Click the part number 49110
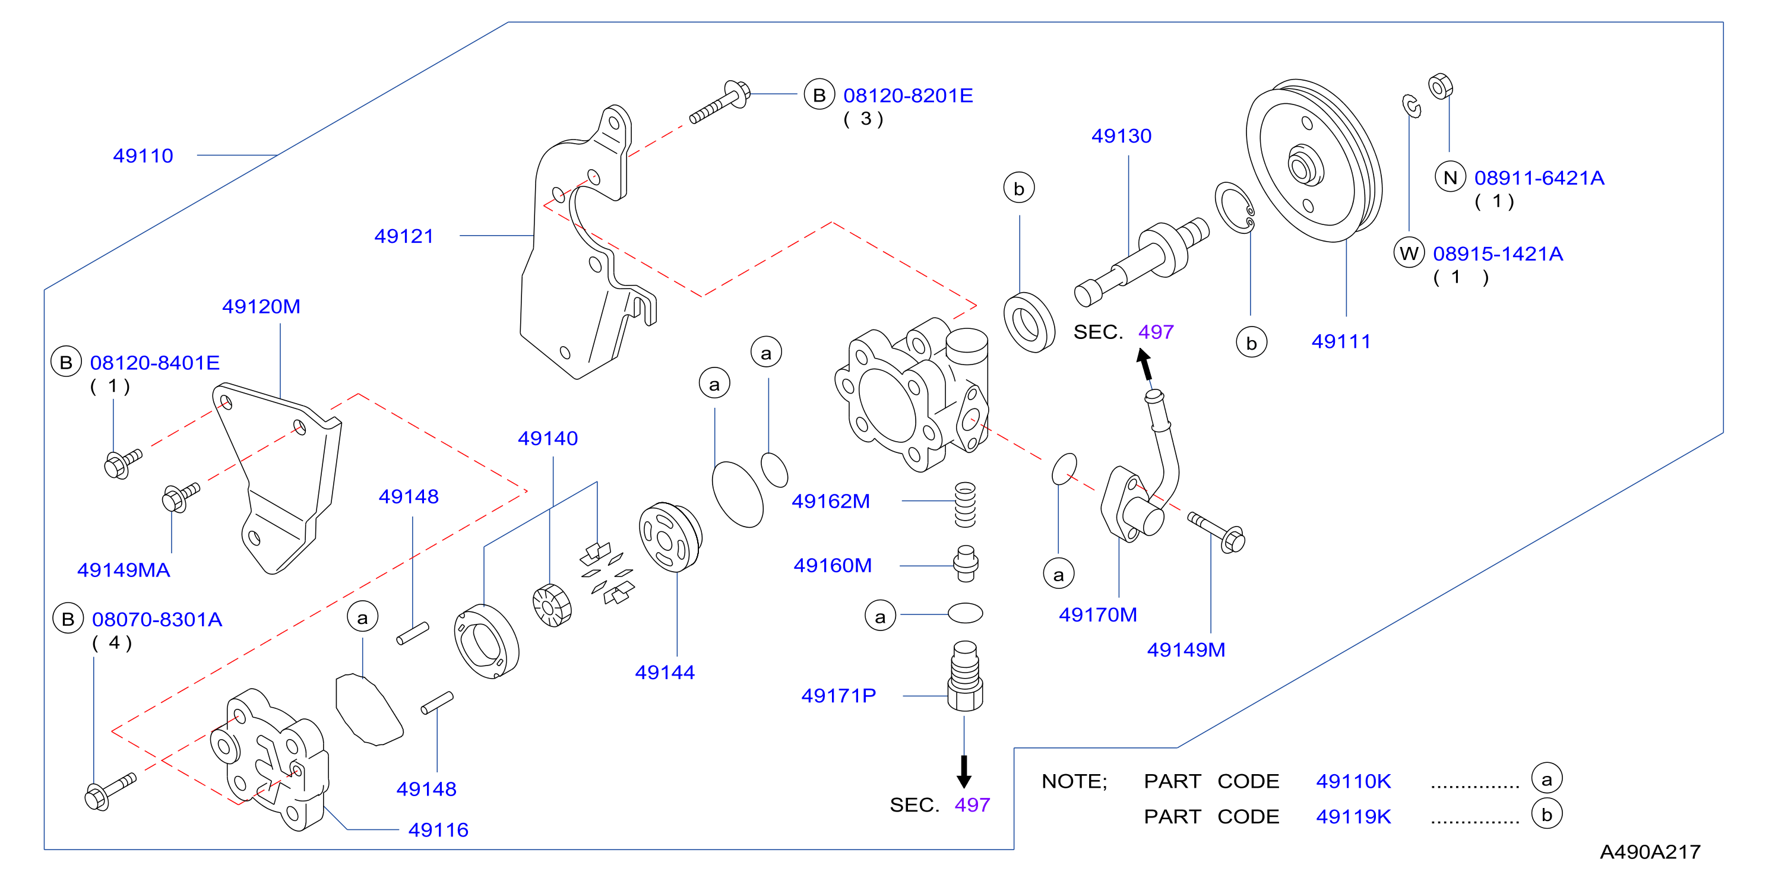point(143,156)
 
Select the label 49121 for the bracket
point(404,236)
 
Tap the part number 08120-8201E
point(908,96)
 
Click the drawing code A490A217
point(1650,851)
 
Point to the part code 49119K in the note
point(1353,816)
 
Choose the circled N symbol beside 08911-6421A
point(1450,178)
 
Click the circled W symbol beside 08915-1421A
point(1409,253)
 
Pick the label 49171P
point(838,696)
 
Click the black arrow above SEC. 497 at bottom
point(964,771)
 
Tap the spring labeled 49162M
point(965,505)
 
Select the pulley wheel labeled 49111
point(1314,161)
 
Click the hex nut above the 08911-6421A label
point(1440,87)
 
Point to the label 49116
point(438,829)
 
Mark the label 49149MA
point(124,570)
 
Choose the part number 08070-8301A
point(157,619)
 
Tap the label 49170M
point(1097,614)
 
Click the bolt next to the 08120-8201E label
point(720,103)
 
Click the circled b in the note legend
point(1546,815)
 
